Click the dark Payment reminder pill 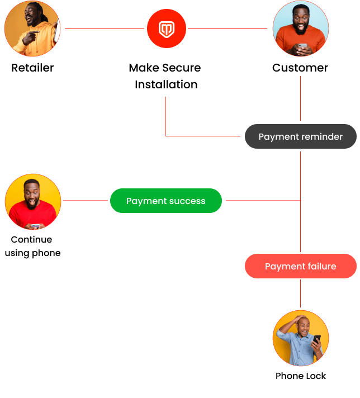click(x=300, y=136)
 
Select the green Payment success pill click(x=166, y=201)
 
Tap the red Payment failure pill click(x=300, y=266)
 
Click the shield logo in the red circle click(x=166, y=29)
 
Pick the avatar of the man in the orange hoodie click(x=32, y=28)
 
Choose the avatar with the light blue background click(x=300, y=29)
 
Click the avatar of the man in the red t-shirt click(x=33, y=201)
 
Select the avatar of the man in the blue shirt click(x=300, y=338)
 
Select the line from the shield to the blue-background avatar click(x=229, y=28)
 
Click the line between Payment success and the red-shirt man click(x=85, y=200)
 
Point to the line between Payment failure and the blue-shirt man click(x=300, y=293)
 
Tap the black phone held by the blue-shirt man click(x=317, y=340)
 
